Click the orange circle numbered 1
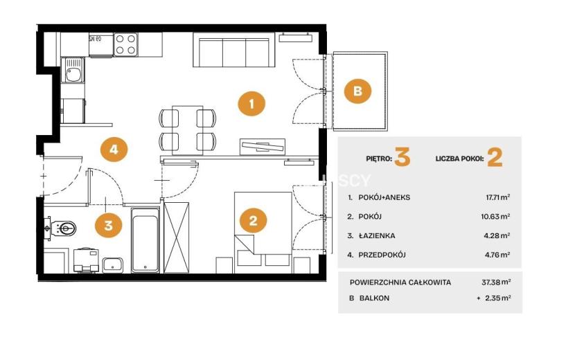pos(251,104)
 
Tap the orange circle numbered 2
pos(253,221)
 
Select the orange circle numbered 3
pos(108,225)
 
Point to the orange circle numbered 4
pos(114,150)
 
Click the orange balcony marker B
pos(357,91)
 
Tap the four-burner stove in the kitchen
pos(126,44)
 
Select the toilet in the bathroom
pos(62,228)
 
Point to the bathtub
pos(145,240)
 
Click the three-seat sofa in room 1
pos(234,50)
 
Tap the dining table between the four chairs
pos(187,129)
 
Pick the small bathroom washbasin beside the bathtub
pos(113,265)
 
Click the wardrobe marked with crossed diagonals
pos(177,237)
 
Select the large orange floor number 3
pos(402,157)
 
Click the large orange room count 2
pos(495,158)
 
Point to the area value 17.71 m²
pos(497,197)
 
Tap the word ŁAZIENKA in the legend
pos(377,235)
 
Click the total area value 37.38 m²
pos(496,282)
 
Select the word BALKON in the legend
pos(374,298)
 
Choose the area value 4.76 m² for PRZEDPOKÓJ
pos(497,255)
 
